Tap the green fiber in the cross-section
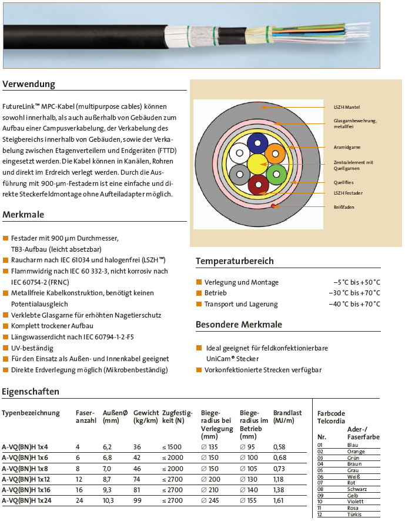point(275,175)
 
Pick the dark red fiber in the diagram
point(257,185)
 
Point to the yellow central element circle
point(257,164)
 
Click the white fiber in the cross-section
point(239,154)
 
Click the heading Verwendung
point(29,84)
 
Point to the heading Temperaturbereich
point(235,260)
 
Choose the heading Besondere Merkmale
point(239,325)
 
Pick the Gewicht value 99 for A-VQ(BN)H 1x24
point(138,501)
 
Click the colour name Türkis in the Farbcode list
point(354,515)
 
